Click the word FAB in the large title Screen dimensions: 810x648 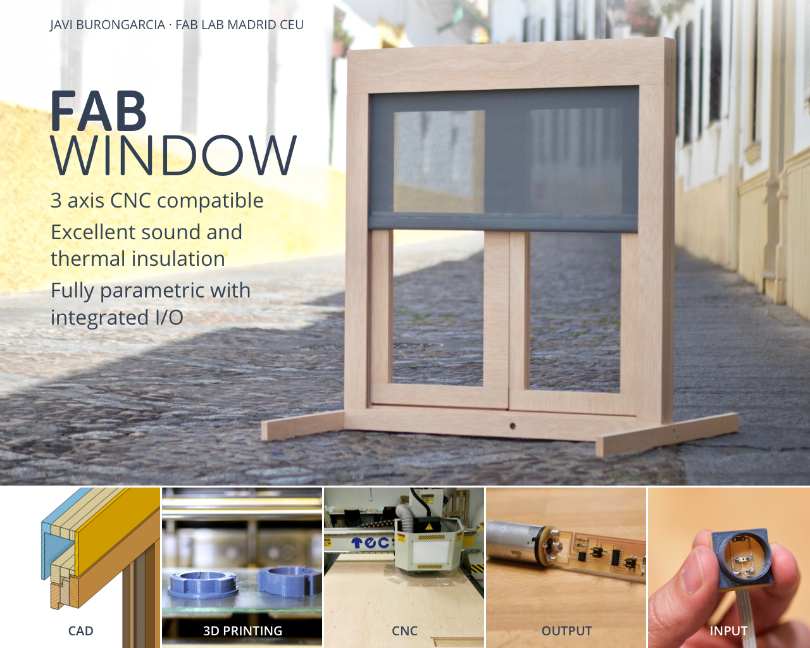point(98,111)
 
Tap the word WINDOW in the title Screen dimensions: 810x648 point(174,155)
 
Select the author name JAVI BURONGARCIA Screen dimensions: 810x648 point(108,25)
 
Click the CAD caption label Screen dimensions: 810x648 point(80,631)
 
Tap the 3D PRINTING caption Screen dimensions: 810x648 point(242,631)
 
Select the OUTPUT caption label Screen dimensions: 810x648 point(566,631)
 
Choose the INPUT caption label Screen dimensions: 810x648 point(728,631)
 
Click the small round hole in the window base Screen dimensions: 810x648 point(513,427)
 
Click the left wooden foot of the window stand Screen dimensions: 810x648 point(303,425)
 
